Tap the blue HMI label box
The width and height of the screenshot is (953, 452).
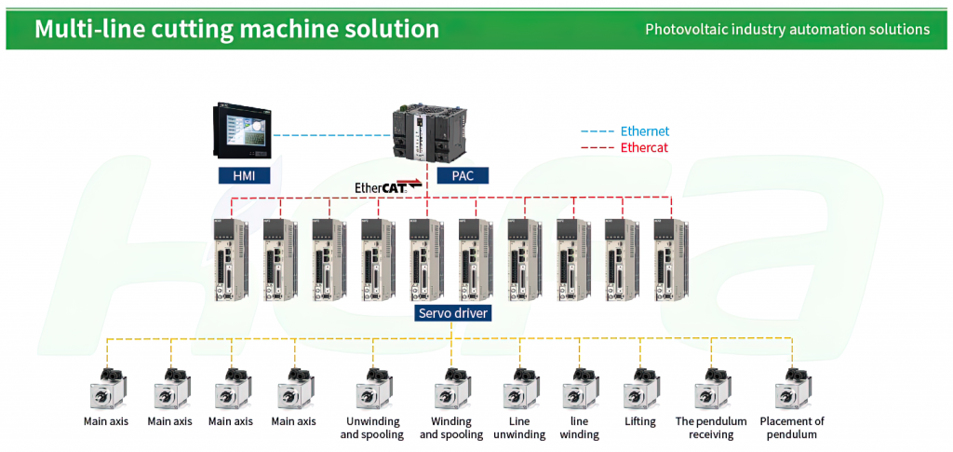tap(244, 176)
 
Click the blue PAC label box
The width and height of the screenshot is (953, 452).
tap(463, 176)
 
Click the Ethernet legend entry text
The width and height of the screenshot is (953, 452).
tap(645, 130)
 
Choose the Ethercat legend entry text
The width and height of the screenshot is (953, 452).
tap(644, 148)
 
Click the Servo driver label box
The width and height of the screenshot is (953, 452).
tap(453, 313)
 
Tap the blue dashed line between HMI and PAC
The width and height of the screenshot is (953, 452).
tap(331, 134)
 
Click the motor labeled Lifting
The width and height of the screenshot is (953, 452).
tap(639, 390)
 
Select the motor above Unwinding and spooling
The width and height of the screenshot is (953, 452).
tap(372, 390)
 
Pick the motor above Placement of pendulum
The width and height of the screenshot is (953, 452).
tap(793, 390)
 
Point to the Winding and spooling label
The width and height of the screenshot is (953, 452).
tap(451, 428)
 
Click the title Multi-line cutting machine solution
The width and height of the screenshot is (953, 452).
tap(235, 29)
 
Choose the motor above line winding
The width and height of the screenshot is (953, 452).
tap(579, 390)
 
